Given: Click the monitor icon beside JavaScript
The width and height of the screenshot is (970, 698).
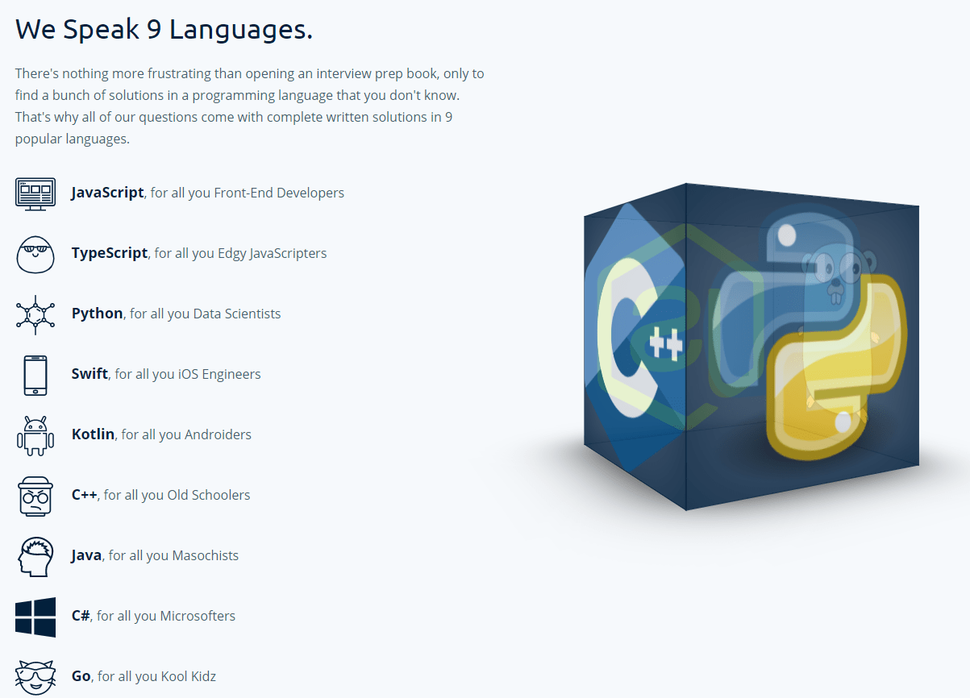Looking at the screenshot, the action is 35,194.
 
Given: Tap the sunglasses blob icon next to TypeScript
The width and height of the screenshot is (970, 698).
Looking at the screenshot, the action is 35,255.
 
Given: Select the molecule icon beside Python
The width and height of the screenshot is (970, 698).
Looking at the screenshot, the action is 35,314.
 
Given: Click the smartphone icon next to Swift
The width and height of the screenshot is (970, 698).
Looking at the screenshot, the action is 35,375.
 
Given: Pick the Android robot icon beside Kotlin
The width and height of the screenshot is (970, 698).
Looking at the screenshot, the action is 35,436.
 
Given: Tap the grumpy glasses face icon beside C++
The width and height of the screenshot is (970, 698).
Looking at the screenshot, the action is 35,496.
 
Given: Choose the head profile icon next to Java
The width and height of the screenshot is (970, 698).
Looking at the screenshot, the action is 35,557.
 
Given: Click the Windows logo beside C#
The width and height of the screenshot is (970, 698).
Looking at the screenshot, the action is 35,617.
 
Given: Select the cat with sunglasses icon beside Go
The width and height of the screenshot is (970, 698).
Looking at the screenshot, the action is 35,678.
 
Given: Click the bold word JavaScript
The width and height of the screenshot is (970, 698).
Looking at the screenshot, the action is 107,193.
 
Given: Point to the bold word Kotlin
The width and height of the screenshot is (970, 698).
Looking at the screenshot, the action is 93,434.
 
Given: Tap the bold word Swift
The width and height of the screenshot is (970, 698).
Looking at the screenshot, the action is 90,373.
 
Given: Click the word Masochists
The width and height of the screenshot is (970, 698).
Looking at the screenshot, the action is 206,555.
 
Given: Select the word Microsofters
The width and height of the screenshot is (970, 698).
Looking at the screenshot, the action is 198,616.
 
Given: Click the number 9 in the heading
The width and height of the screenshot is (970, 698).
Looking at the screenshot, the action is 154,30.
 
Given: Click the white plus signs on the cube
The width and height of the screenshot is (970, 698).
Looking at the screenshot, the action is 666,343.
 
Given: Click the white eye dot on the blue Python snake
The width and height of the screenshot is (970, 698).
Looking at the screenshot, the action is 787,236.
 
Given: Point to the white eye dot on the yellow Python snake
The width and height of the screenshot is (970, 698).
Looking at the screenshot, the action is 843,422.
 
